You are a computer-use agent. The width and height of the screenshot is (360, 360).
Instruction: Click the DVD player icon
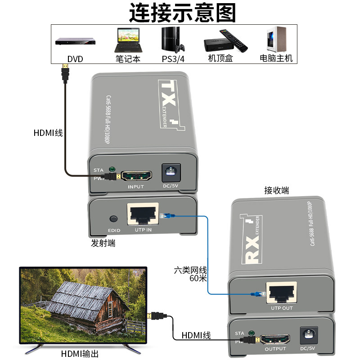[x=75, y=41]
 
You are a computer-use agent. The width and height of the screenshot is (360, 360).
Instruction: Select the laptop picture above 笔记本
[x=128, y=40]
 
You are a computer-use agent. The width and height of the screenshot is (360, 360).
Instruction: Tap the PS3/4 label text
[x=173, y=59]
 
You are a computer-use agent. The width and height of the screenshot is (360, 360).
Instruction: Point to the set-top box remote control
[x=234, y=40]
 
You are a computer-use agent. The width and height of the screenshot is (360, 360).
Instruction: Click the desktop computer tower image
[x=276, y=39]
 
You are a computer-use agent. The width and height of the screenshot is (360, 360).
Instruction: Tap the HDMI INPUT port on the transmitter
[x=136, y=176]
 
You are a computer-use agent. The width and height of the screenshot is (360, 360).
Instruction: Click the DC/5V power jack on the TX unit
[x=171, y=172]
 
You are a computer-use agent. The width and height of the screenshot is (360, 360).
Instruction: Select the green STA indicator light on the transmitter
[x=112, y=170]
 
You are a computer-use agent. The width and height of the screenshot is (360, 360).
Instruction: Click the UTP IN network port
[x=143, y=214]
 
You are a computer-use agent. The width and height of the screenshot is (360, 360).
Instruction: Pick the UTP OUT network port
[x=282, y=292]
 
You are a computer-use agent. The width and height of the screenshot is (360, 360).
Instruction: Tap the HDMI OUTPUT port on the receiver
[x=275, y=339]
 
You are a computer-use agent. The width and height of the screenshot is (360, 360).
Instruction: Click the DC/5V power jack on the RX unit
[x=309, y=336]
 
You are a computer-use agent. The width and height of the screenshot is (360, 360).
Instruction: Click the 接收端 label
[x=276, y=190]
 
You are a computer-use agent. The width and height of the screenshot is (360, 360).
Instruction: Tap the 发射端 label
[x=103, y=243]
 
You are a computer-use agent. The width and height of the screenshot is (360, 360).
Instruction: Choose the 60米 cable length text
[x=198, y=278]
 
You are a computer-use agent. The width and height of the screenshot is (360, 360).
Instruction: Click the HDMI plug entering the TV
[x=156, y=316]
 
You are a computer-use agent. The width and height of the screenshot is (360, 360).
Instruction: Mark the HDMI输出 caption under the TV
[x=80, y=354]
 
